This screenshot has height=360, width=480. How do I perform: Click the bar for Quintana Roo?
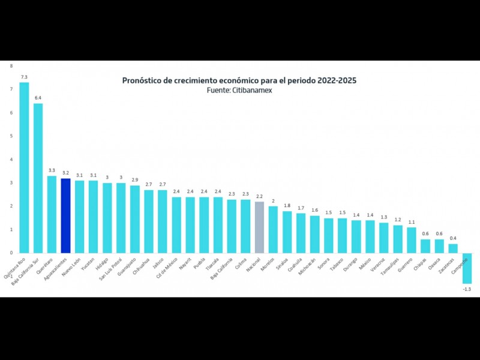24,167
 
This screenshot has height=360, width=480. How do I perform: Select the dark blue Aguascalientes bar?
65,215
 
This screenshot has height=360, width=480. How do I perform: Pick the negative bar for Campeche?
467,268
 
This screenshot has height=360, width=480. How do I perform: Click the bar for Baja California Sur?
38,178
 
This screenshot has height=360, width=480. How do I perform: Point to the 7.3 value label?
24,77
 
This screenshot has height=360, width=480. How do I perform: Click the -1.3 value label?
467,289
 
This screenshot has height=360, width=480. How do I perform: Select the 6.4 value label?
38,98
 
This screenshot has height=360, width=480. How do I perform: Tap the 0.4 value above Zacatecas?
453,238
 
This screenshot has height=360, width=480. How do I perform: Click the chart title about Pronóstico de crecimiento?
244,80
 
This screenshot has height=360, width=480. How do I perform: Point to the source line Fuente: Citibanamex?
244,90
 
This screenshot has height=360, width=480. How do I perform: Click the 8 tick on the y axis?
11,65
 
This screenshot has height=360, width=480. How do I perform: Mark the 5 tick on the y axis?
11,136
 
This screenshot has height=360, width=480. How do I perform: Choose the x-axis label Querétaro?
44,265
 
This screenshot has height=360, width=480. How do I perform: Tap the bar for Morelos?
273,229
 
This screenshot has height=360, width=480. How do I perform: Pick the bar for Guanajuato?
135,219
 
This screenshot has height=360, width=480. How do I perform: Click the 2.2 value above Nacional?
259,196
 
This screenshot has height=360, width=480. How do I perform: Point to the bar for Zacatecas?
453,248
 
